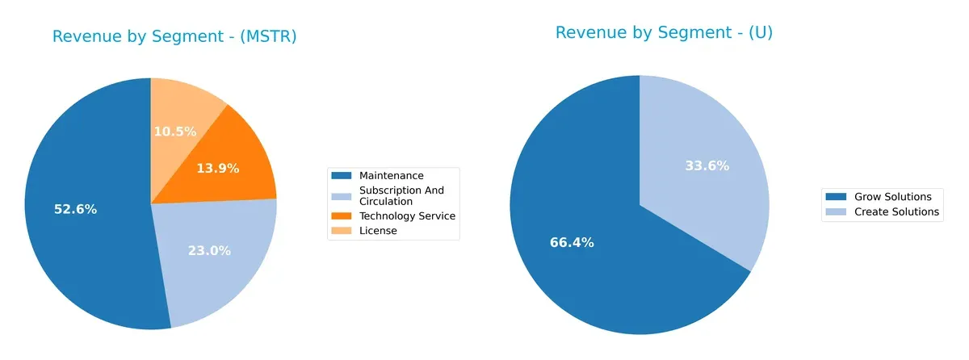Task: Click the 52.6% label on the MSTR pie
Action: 75,209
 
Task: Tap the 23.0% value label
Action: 209,250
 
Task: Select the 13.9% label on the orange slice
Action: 218,169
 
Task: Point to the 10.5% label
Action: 174,131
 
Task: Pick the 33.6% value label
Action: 707,165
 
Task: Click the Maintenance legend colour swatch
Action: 342,175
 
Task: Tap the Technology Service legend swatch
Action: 342,216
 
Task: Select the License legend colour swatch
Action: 342,231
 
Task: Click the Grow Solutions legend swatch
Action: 836,197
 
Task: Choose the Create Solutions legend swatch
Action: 836,211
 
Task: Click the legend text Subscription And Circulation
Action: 401,195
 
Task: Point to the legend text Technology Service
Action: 407,216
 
